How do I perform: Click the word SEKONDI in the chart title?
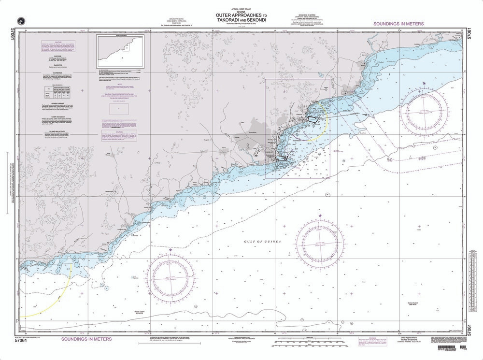(x=249, y=20)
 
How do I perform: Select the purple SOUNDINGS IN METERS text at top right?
(x=398, y=24)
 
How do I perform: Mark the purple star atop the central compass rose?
(x=320, y=216)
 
